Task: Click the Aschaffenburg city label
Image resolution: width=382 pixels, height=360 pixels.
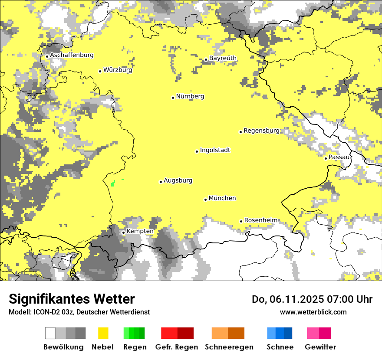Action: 72,55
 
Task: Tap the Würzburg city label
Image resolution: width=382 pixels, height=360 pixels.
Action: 118,70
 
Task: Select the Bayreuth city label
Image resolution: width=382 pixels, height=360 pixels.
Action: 223,58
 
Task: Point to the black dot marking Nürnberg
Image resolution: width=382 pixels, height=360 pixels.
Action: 173,98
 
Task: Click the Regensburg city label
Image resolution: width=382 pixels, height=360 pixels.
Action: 261,131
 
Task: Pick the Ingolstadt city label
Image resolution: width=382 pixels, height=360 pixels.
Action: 215,150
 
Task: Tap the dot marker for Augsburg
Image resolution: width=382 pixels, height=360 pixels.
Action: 161,182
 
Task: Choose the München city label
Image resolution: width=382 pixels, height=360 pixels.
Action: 222,198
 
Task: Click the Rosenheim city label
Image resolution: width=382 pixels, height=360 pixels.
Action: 260,220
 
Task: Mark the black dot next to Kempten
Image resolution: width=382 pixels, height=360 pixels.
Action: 123,232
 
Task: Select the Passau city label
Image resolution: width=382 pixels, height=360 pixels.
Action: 339,157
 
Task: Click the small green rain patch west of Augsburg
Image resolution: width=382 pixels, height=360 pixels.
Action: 113,183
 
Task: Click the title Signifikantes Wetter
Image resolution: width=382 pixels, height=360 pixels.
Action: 72,299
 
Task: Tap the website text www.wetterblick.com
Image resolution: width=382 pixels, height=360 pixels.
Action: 313,312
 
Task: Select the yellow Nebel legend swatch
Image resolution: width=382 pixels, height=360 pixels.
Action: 103,333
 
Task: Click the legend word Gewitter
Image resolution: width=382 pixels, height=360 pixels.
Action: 320,347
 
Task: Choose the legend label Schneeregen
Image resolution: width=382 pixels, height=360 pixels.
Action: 229,347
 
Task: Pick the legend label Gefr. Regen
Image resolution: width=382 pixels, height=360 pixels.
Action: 176,347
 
